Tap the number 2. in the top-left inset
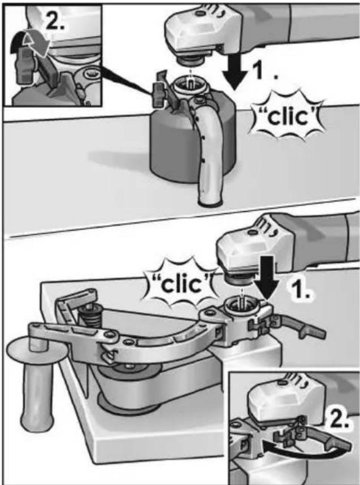[55, 21]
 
